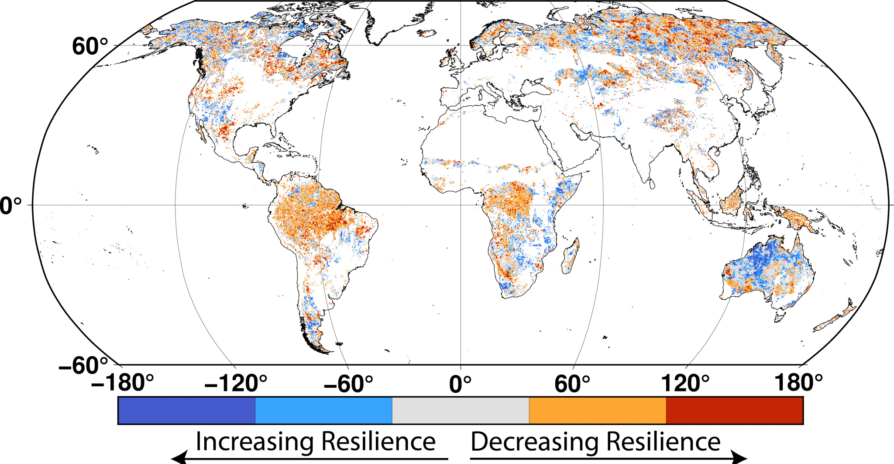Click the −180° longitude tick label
pos(123,384)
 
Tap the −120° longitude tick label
pos(236,384)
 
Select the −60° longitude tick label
pos(348,384)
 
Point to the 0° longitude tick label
pos(461,384)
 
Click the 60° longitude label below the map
pos(572,384)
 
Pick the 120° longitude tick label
pos(685,384)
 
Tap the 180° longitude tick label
pos(798,383)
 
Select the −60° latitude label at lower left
pos(83,364)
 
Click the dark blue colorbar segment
pos(186,410)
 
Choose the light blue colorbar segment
pos(323,410)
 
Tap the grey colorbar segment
pos(461,410)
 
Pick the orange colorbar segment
pos(598,410)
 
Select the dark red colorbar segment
pos(735,410)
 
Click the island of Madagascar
pos(571,257)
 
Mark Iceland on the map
pos(427,33)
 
